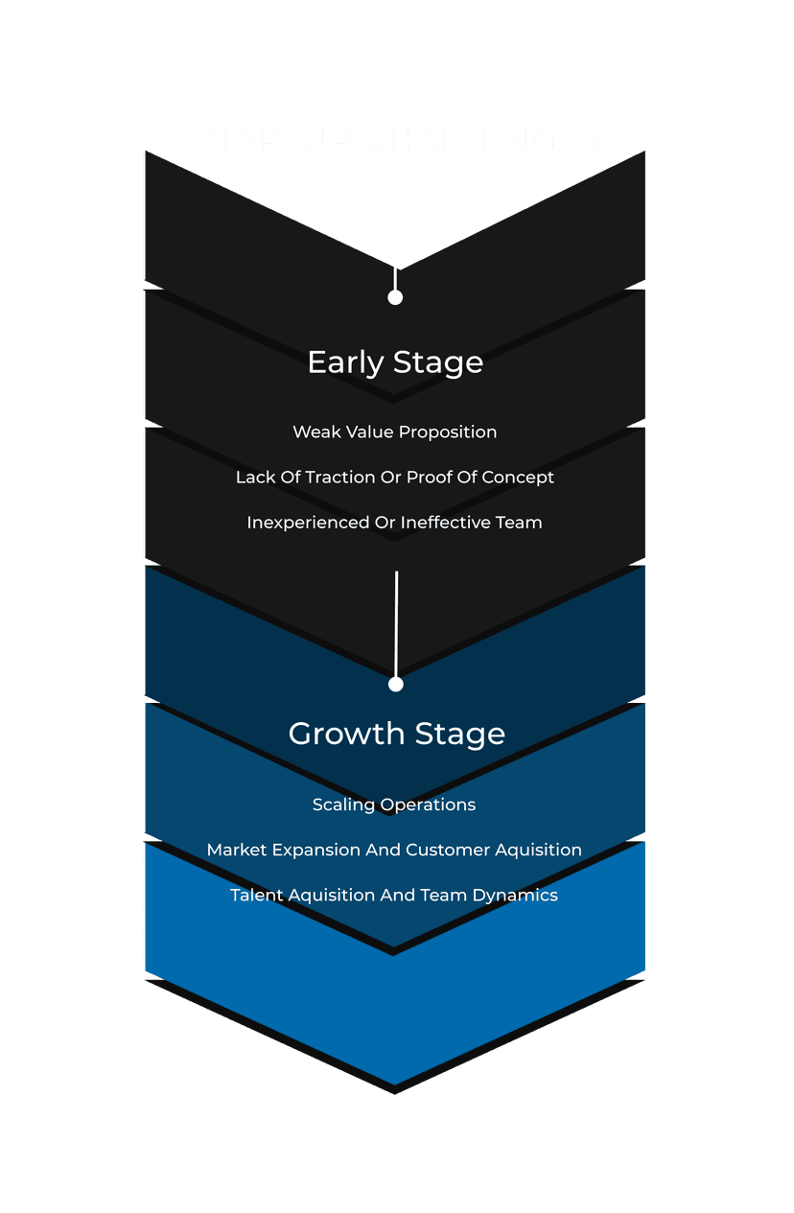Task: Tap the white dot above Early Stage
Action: click(x=395, y=297)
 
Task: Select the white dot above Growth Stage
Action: click(x=396, y=684)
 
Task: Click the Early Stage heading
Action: click(x=395, y=362)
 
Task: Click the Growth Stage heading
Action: click(x=396, y=734)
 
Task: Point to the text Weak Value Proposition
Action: click(x=395, y=432)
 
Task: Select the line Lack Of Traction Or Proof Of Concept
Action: click(x=395, y=478)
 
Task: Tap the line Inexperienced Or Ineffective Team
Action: click(x=395, y=523)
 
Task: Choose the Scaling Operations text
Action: click(x=394, y=805)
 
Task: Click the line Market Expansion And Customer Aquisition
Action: click(x=394, y=850)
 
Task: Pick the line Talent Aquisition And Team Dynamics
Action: click(x=394, y=895)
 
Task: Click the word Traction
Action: click(x=340, y=478)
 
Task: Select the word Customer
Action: click(x=444, y=850)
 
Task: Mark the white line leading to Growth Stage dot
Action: click(x=396, y=623)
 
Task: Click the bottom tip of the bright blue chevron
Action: click(x=395, y=1082)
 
